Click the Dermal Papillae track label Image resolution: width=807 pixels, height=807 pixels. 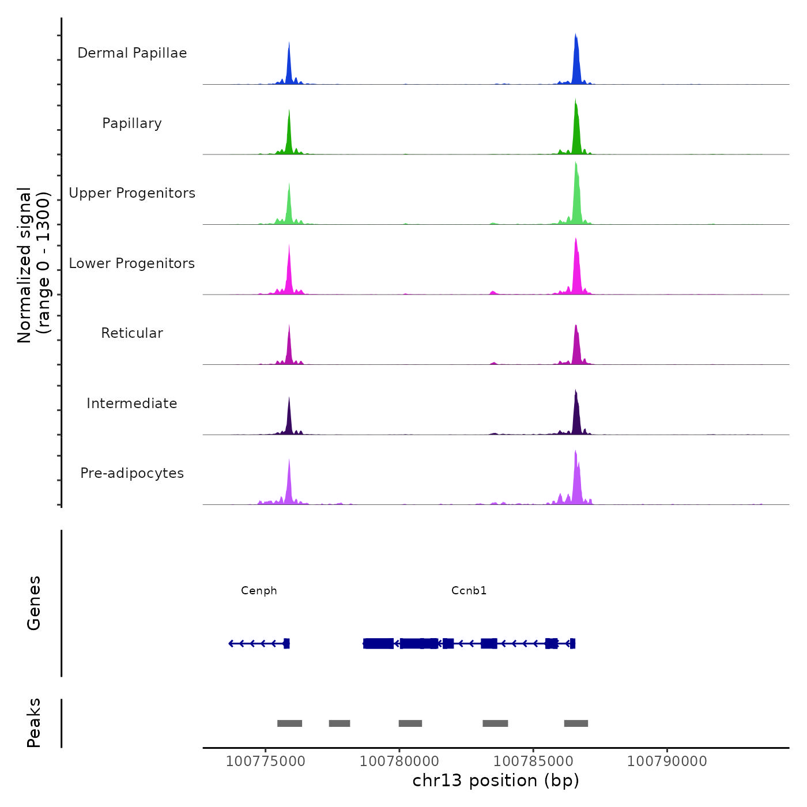click(132, 53)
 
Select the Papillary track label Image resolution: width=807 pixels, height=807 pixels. click(132, 123)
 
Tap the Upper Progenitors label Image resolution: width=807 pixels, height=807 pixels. click(132, 193)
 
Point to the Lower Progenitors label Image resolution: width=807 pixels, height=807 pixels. click(132, 263)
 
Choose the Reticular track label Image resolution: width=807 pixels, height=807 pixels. click(132, 333)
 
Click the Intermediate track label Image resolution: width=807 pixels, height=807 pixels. click(132, 403)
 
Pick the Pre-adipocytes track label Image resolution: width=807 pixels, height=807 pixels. click(132, 473)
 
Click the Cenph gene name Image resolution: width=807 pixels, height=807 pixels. click(259, 590)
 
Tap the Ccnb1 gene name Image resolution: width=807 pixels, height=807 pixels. click(469, 590)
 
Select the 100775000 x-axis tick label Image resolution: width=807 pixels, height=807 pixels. click(265, 761)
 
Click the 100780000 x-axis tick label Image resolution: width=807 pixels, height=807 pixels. click(399, 761)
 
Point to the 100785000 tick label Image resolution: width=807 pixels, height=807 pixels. click(533, 761)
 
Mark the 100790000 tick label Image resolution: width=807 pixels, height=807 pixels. click(667, 761)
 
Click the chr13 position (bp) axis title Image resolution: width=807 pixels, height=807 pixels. click(496, 780)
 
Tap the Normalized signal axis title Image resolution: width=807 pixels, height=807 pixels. click(33, 265)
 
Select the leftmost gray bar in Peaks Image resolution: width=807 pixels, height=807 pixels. click(289, 723)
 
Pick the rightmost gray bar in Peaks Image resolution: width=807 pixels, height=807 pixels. click(576, 723)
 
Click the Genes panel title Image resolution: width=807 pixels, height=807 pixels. click(34, 603)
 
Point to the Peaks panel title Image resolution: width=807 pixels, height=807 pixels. click(34, 723)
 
